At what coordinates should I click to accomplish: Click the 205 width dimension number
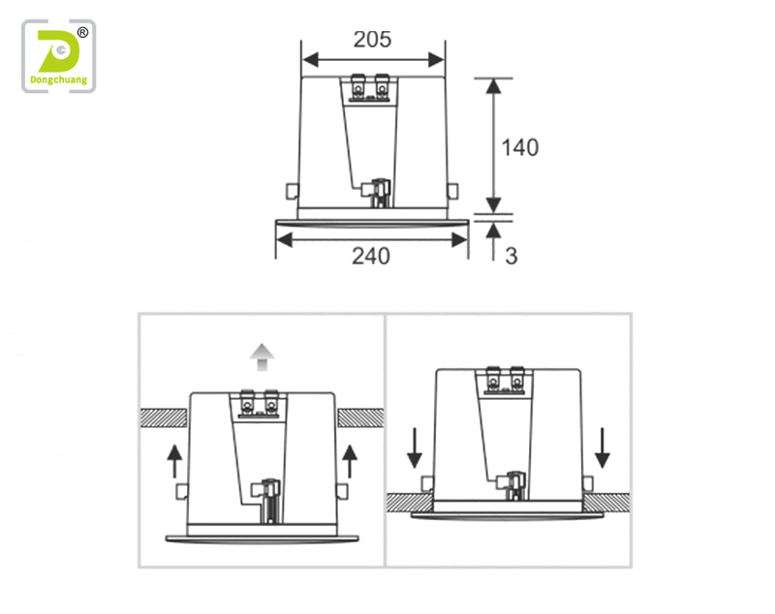click(x=372, y=40)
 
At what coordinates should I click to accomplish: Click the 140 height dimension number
click(x=520, y=148)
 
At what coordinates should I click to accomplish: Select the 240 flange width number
click(x=371, y=257)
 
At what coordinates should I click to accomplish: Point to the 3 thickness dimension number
click(x=511, y=256)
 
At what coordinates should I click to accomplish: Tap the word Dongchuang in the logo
click(x=58, y=80)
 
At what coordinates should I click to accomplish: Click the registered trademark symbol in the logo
click(x=82, y=33)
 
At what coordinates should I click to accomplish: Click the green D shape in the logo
click(x=57, y=51)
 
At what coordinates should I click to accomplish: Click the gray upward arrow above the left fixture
click(x=262, y=356)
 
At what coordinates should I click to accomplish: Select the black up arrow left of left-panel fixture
click(x=174, y=461)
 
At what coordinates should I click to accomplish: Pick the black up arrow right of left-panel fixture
click(x=350, y=461)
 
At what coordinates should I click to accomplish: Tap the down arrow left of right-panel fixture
click(x=415, y=448)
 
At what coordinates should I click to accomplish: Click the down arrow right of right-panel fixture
click(x=602, y=448)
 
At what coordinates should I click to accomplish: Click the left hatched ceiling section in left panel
click(x=164, y=418)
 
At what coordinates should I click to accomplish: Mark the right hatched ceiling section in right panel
click(x=607, y=502)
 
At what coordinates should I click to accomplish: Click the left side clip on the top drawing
click(x=293, y=191)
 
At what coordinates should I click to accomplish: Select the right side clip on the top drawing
click(x=452, y=191)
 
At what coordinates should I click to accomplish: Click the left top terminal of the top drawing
click(x=357, y=87)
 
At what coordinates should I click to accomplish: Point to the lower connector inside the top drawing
click(x=378, y=193)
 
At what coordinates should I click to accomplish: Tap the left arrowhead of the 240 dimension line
click(x=284, y=240)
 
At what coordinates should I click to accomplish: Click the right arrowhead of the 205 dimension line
click(x=437, y=60)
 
